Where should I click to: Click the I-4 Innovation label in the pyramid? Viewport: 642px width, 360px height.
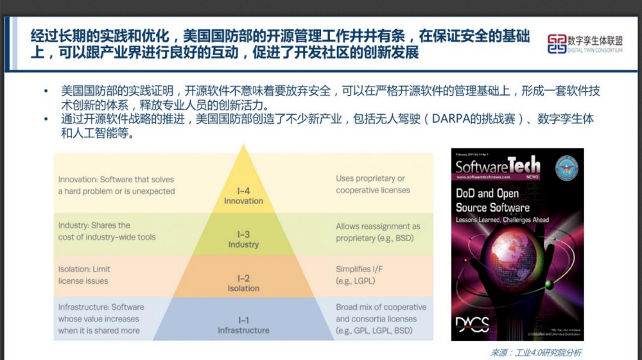click(x=243, y=196)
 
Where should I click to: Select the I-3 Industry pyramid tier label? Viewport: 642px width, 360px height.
click(x=243, y=239)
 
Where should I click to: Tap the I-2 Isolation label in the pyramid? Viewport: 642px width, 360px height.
click(x=243, y=283)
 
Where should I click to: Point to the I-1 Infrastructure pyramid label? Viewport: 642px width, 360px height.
click(x=243, y=325)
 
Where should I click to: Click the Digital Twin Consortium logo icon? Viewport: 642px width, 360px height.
click(x=557, y=44)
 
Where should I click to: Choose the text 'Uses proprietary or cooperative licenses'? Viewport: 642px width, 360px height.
click(x=372, y=184)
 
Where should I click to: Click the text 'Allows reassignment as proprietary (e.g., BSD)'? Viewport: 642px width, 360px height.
click(x=377, y=232)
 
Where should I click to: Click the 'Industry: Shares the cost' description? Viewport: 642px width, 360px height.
click(x=107, y=231)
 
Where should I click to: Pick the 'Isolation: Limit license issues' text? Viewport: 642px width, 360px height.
click(x=84, y=275)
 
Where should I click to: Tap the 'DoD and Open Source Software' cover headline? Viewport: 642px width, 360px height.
click(x=492, y=200)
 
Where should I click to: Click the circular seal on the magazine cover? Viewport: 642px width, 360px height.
click(x=567, y=168)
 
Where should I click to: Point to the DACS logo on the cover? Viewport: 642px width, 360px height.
click(x=473, y=322)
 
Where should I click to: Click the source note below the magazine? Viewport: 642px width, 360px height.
click(x=536, y=352)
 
